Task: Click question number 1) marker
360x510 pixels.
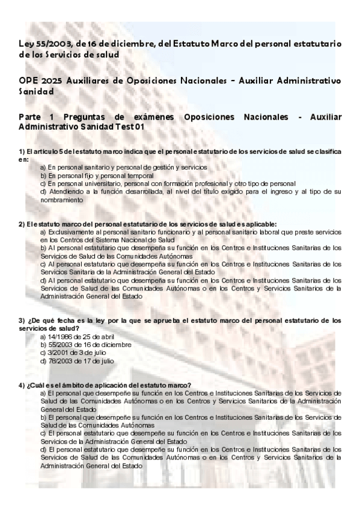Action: (22, 151)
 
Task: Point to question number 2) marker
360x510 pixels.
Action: (22, 224)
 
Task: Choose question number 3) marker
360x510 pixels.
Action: (22, 321)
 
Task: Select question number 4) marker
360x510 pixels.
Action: (22, 385)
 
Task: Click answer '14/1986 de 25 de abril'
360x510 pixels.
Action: (77, 337)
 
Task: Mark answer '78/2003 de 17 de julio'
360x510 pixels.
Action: (76, 361)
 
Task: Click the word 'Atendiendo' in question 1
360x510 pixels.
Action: (63, 191)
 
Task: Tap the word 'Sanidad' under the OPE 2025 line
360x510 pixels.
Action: (37, 92)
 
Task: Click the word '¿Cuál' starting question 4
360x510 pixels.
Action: (35, 385)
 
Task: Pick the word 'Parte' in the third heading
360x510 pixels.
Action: (31, 117)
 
